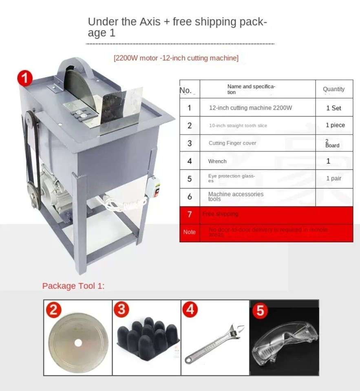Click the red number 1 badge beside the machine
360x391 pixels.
(x=24, y=77)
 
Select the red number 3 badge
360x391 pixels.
(x=121, y=310)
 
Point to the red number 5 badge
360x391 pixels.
(x=260, y=312)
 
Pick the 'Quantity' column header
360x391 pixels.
(x=333, y=89)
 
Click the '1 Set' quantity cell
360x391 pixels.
(x=333, y=108)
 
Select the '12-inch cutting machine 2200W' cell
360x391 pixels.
(x=250, y=108)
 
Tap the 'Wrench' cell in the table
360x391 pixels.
(x=217, y=161)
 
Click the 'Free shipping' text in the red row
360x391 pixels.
(x=220, y=214)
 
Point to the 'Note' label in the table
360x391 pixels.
(x=189, y=232)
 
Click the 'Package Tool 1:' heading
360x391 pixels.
(x=73, y=286)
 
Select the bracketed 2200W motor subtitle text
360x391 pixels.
(x=176, y=58)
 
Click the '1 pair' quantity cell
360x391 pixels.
(x=333, y=178)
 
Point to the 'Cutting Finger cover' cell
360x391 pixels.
(x=232, y=143)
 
